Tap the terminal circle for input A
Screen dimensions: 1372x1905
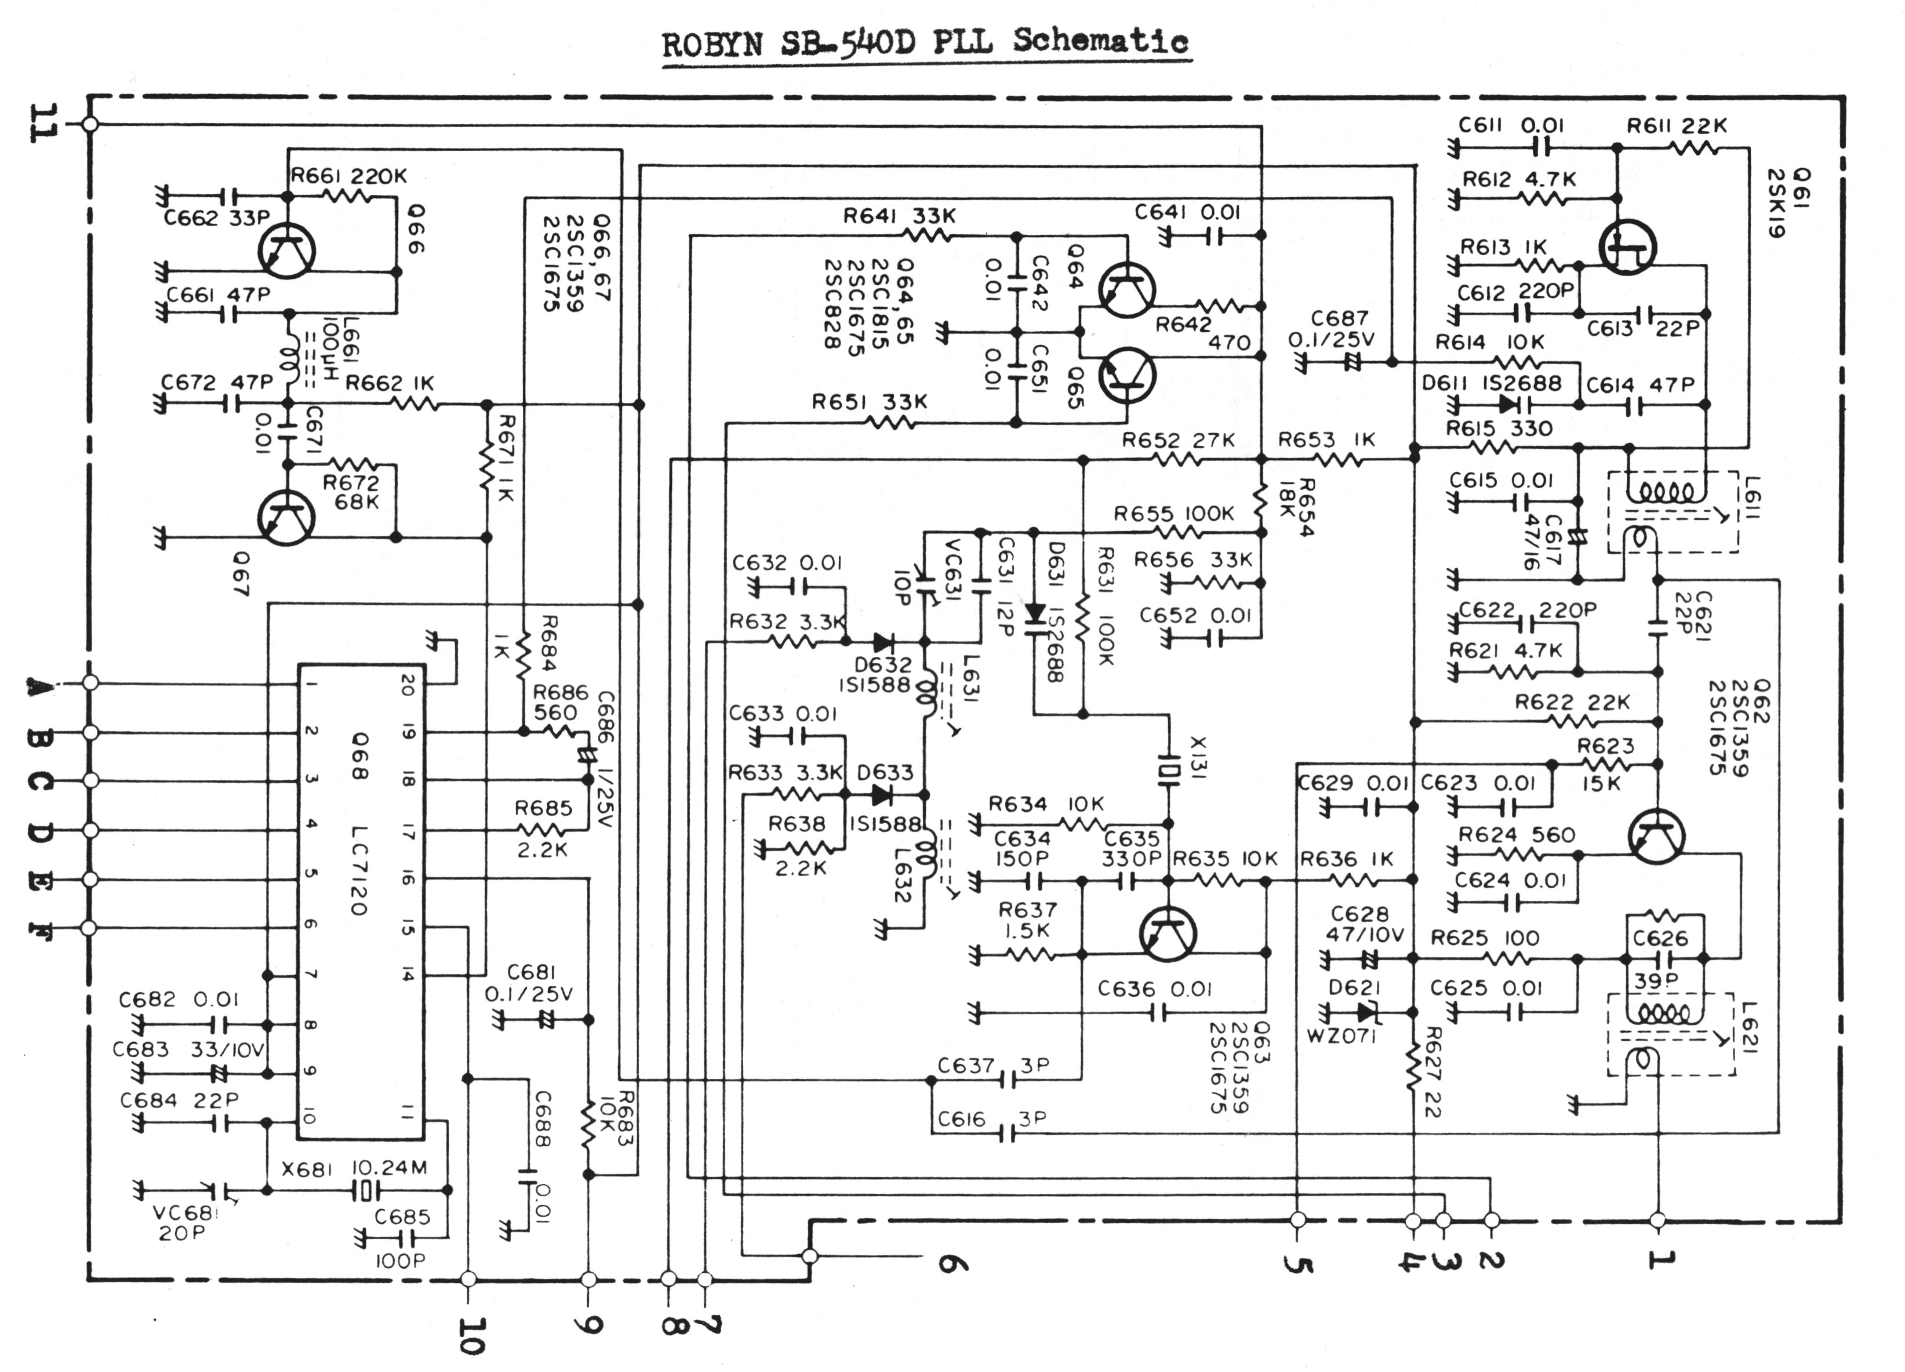[90, 682]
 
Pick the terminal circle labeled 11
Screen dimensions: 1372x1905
[90, 124]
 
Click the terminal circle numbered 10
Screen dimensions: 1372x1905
[468, 1279]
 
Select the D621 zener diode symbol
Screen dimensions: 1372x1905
[1366, 1013]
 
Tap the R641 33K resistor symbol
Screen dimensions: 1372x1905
[928, 235]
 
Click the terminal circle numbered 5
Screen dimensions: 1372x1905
[1297, 1219]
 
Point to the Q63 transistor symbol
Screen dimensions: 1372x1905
[1168, 934]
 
